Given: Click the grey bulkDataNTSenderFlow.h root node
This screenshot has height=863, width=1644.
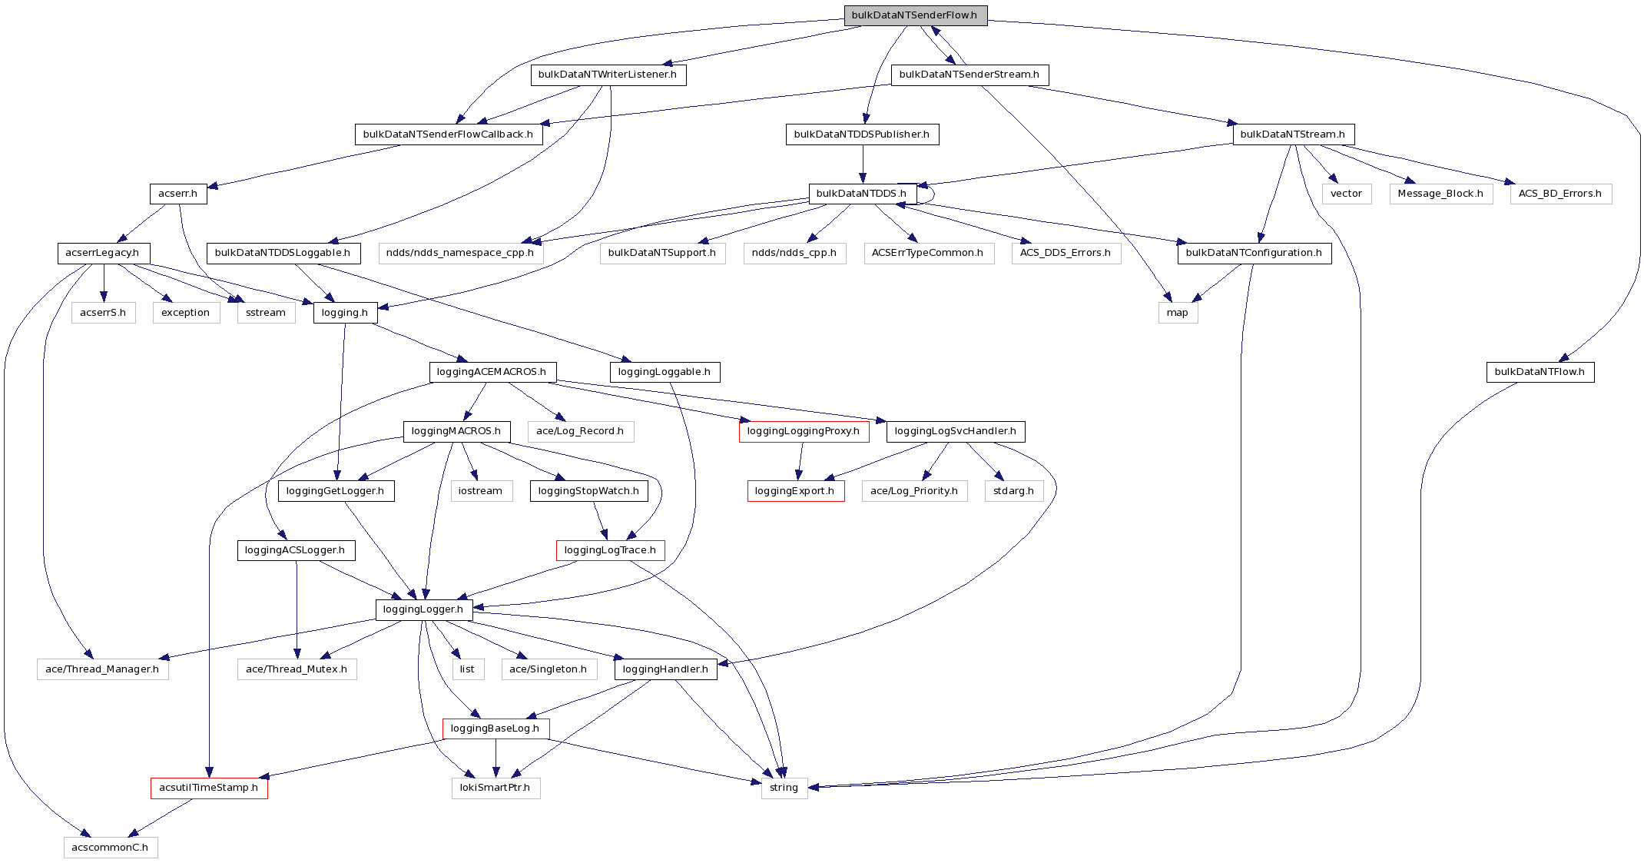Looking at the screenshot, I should pyautogui.click(x=915, y=15).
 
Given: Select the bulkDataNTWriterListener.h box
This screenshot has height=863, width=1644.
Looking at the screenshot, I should pyautogui.click(x=608, y=75).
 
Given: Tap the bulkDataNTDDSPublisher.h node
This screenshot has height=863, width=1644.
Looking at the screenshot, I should pyautogui.click(x=862, y=134).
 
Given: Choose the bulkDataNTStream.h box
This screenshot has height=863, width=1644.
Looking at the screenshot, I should pyautogui.click(x=1293, y=134).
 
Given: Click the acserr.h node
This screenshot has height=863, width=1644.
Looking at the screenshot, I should pyautogui.click(x=178, y=194).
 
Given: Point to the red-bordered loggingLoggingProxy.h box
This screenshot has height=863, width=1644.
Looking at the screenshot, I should pyautogui.click(x=804, y=431).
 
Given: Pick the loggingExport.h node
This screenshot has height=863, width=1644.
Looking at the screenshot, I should pyautogui.click(x=795, y=491).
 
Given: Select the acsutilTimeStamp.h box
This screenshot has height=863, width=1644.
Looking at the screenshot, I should pyautogui.click(x=209, y=788).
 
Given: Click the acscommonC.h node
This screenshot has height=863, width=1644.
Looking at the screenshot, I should pyautogui.click(x=111, y=848).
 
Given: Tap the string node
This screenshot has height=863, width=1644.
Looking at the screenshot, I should pyautogui.click(x=784, y=788).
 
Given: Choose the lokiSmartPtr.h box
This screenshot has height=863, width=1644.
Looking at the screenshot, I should pyautogui.click(x=496, y=788).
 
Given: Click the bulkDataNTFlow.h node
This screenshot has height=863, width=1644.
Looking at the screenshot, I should pyautogui.click(x=1540, y=372).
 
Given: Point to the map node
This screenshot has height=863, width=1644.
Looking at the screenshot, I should pyautogui.click(x=1178, y=313).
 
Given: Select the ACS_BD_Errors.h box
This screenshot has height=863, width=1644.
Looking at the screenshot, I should pyautogui.click(x=1560, y=194).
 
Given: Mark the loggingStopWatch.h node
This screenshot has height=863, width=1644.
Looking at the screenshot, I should pyautogui.click(x=588, y=491).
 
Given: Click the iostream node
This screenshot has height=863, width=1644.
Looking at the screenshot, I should pyautogui.click(x=481, y=491).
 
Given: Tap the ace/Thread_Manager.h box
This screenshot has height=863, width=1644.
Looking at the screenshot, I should pyautogui.click(x=102, y=669).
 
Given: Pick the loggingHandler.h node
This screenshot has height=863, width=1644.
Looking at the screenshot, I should pyautogui.click(x=665, y=669).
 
